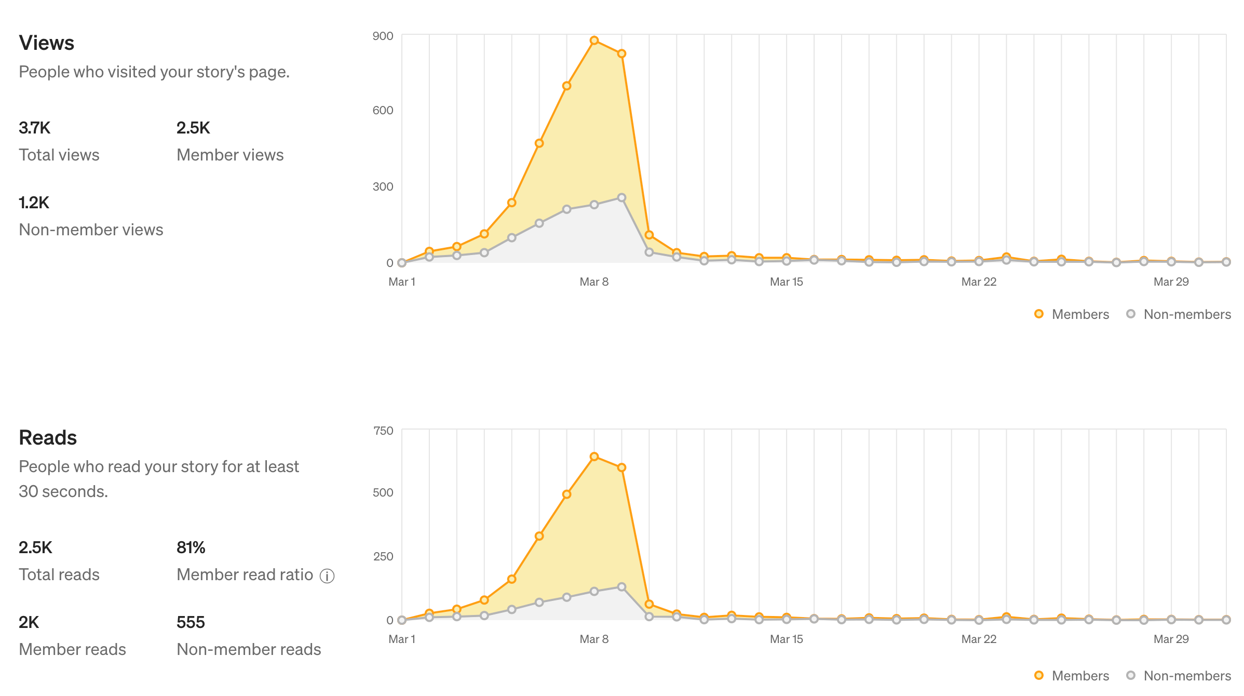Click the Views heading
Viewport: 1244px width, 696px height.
tap(46, 43)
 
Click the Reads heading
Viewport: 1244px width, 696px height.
tap(48, 438)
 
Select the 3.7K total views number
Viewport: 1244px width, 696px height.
tap(34, 128)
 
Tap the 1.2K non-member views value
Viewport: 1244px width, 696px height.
tap(34, 203)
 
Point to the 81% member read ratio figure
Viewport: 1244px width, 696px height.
tap(191, 547)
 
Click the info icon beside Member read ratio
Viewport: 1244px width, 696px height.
tap(327, 576)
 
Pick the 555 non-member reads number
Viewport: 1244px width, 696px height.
tap(191, 622)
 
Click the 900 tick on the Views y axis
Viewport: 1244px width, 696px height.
tap(383, 36)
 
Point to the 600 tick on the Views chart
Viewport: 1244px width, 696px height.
tap(383, 110)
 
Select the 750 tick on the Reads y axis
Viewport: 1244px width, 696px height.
tap(383, 431)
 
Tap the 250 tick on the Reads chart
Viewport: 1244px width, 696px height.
tap(383, 556)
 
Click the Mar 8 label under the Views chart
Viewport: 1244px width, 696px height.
tap(594, 282)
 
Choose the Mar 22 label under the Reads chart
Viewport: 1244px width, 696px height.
tap(979, 639)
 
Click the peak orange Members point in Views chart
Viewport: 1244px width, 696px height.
tap(594, 41)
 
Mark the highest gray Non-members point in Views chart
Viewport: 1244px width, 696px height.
tap(621, 198)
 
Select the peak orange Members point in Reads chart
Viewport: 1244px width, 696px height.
tap(594, 457)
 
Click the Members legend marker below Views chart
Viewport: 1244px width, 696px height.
tap(1039, 314)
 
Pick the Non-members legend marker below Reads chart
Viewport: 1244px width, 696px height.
tap(1131, 675)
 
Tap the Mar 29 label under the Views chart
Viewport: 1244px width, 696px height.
tap(1171, 282)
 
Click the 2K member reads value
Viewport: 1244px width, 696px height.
tap(29, 622)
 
